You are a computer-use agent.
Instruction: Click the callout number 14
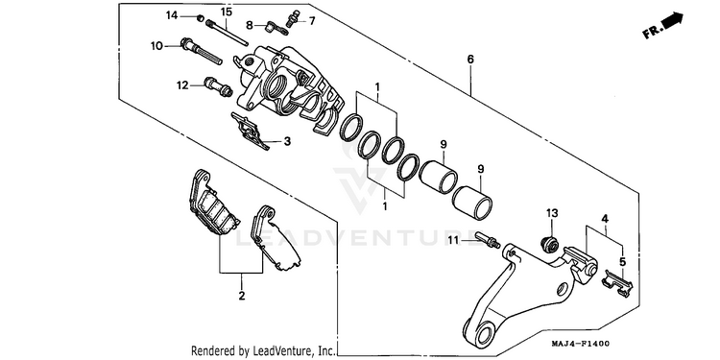171,15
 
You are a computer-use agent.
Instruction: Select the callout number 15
227,12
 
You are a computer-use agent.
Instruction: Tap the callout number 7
312,21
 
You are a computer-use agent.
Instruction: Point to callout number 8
250,25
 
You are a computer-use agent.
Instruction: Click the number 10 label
156,46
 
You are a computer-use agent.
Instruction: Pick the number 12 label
182,84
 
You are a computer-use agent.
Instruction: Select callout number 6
470,60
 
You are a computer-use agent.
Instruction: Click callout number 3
287,141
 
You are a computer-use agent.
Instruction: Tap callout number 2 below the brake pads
242,296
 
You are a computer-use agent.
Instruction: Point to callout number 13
552,213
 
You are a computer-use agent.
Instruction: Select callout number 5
622,262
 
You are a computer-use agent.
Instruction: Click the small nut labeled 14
200,18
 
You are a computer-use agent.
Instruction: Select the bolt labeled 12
218,86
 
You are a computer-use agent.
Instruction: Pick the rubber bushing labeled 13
550,245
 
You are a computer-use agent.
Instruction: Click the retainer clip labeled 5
616,283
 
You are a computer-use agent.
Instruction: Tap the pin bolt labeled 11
488,240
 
